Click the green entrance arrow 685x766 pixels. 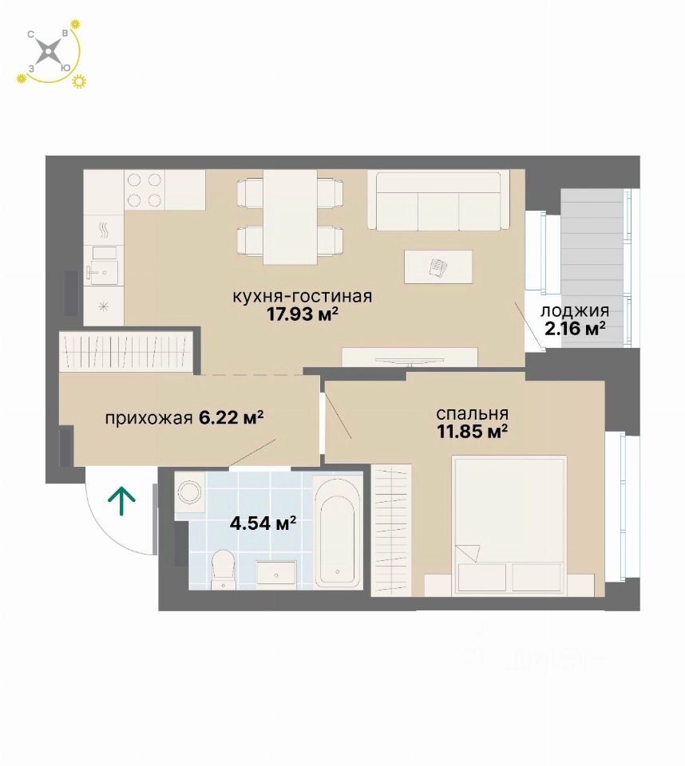point(121,502)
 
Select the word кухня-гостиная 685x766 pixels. point(302,296)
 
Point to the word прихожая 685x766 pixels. point(148,419)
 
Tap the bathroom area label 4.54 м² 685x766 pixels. point(263,523)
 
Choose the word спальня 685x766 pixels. point(473,414)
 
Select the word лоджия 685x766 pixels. point(575,310)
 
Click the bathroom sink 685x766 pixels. point(277,572)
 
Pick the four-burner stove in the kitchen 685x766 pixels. point(145,190)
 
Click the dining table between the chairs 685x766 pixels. point(290,217)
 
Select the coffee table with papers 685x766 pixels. point(438,267)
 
